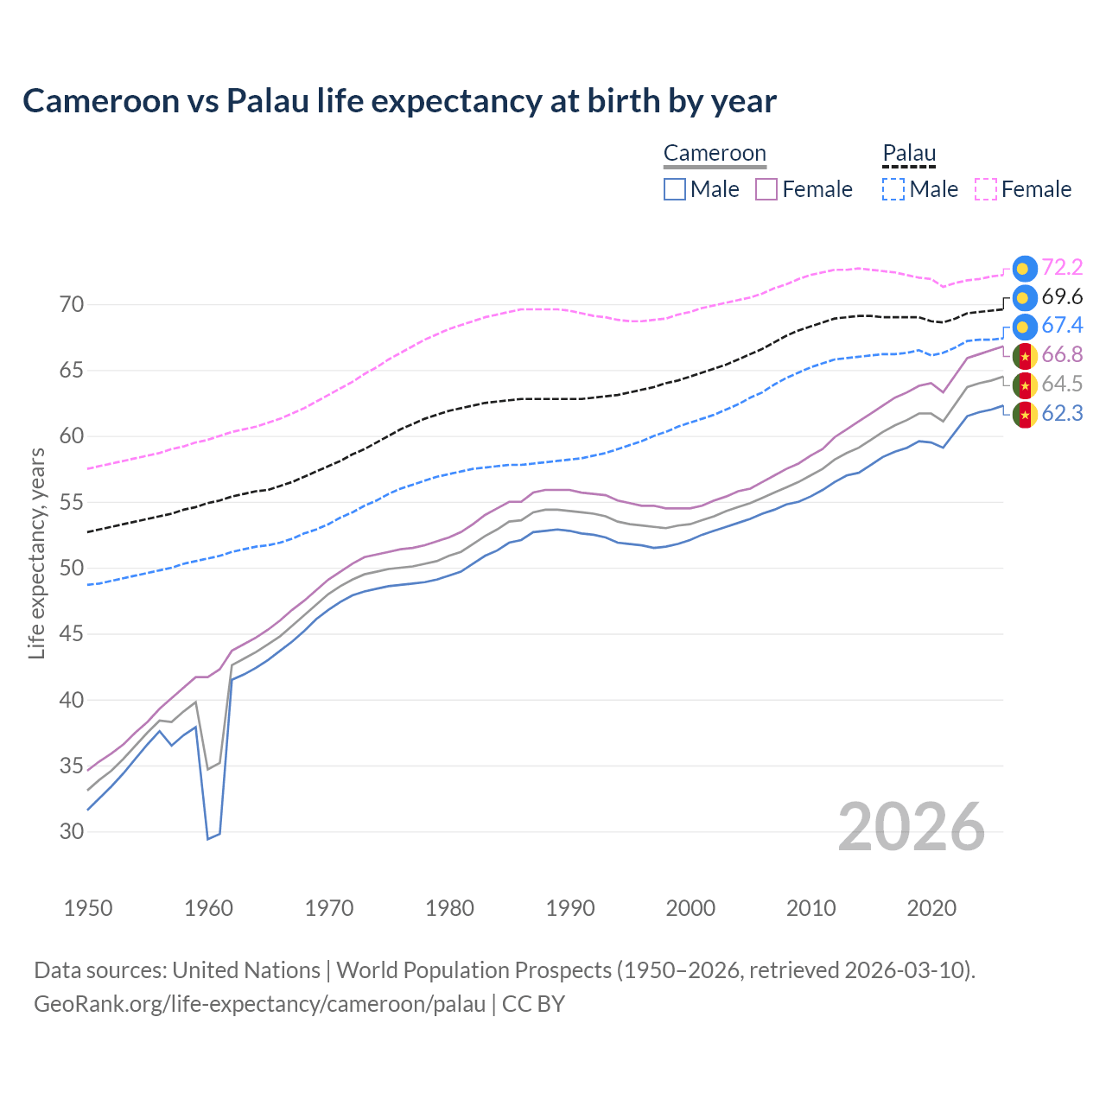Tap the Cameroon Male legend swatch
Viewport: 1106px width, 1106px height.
tap(675, 189)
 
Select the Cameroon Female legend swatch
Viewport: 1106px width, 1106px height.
tap(766, 189)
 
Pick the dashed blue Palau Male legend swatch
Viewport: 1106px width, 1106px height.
tap(893, 189)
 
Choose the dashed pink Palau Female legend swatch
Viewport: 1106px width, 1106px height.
tap(986, 189)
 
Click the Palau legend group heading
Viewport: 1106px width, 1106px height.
tap(909, 154)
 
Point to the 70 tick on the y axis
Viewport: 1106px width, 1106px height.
tap(72, 305)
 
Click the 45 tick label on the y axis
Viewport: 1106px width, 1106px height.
tap(72, 634)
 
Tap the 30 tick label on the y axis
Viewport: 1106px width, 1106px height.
tap(72, 832)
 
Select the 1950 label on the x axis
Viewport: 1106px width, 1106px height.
tap(88, 908)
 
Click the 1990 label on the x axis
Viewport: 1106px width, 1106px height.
tap(570, 908)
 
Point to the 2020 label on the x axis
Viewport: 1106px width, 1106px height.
tap(931, 908)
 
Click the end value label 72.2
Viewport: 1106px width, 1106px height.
tap(1062, 268)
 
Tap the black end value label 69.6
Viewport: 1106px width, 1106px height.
tap(1062, 297)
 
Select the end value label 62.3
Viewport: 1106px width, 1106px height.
tap(1062, 414)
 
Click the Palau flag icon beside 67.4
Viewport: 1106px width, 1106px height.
tap(1024, 327)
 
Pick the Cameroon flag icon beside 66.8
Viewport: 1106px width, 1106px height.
tap(1024, 356)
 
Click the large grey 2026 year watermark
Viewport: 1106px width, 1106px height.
tap(911, 828)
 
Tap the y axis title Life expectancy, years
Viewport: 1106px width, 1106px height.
tap(36, 554)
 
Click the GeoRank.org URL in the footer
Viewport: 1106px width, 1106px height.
tap(259, 1004)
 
